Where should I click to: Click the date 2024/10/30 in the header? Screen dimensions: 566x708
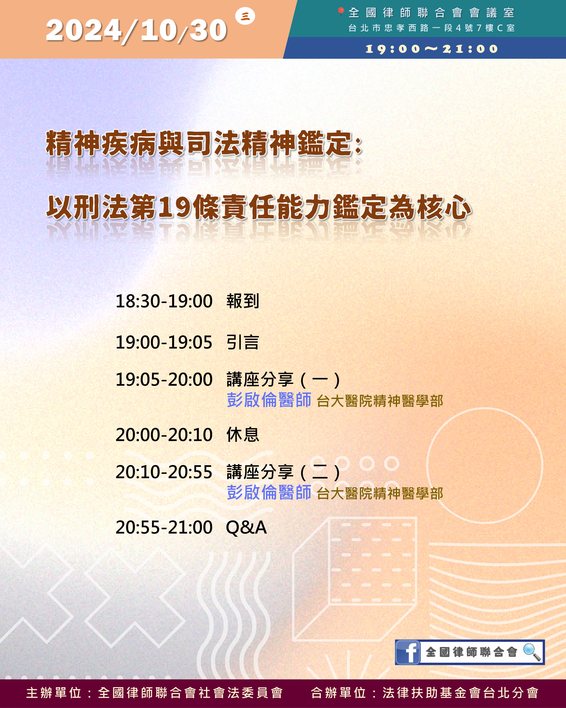tap(136, 30)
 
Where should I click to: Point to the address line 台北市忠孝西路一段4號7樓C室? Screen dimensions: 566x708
tap(431, 28)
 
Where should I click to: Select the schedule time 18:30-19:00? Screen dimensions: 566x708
tap(164, 301)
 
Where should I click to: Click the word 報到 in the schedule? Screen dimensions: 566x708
tap(243, 301)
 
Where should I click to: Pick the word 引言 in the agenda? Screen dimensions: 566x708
tap(243, 342)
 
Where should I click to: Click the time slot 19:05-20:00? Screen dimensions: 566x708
tap(164, 379)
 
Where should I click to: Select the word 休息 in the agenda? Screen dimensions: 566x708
tap(243, 435)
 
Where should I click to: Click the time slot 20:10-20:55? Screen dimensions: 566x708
tap(164, 472)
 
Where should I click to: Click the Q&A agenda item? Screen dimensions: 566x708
tap(246, 527)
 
